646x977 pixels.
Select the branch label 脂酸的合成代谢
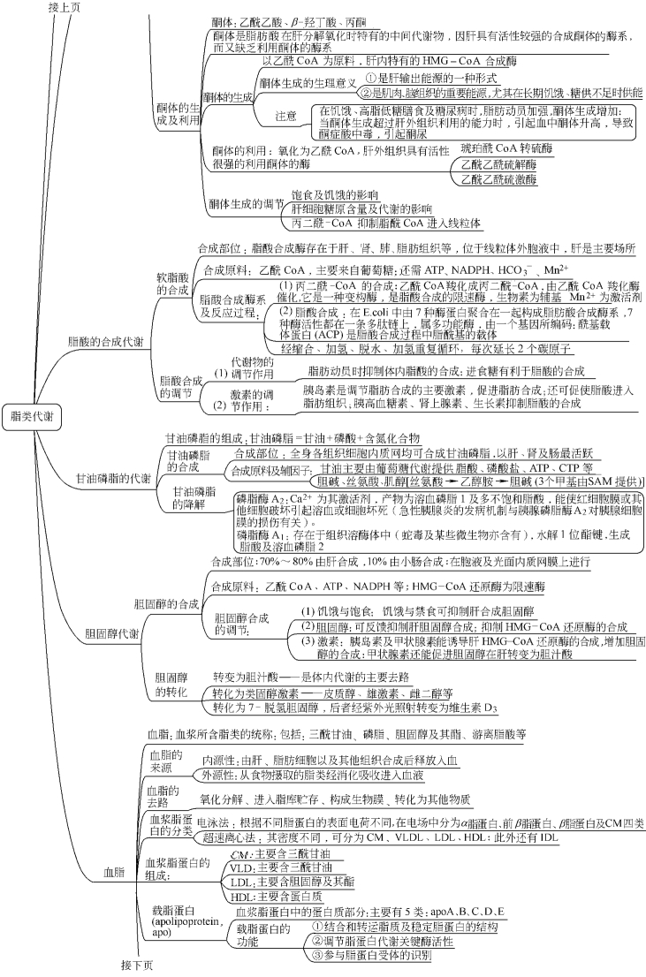[107, 341]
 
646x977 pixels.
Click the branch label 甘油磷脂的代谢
[112, 478]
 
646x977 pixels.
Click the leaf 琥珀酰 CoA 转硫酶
[500, 148]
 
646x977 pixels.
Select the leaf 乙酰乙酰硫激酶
[494, 179]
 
